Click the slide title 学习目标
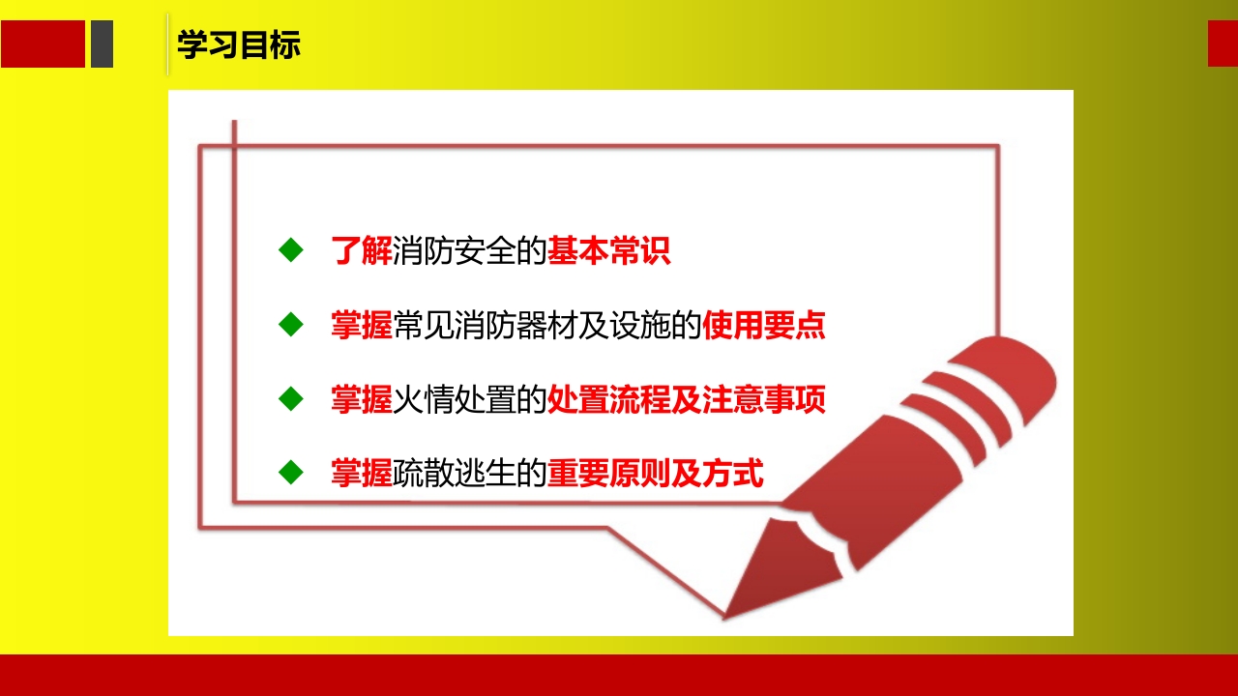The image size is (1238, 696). [x=239, y=45]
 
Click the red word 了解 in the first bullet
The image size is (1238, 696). [x=362, y=251]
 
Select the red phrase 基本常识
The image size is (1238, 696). [x=609, y=251]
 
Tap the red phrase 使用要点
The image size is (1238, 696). [x=764, y=326]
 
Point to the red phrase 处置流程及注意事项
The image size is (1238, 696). [x=687, y=399]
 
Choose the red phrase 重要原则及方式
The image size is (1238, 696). [x=656, y=474]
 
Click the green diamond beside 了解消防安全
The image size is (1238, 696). [x=290, y=250]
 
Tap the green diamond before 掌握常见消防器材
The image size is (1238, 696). [x=290, y=325]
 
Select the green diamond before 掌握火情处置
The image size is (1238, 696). [x=290, y=398]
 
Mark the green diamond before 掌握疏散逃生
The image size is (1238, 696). [x=290, y=473]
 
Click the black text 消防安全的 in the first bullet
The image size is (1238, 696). [x=470, y=251]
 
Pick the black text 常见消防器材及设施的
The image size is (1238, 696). [x=547, y=326]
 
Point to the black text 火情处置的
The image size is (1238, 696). [x=470, y=399]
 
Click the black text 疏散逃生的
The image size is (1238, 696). [x=470, y=474]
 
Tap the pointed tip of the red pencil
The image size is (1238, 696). [x=727, y=613]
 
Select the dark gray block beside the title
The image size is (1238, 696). [x=102, y=44]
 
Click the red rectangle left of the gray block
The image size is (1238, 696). [x=43, y=44]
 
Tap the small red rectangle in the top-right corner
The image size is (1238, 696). [x=1223, y=43]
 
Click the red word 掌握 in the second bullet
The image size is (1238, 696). [x=362, y=326]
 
